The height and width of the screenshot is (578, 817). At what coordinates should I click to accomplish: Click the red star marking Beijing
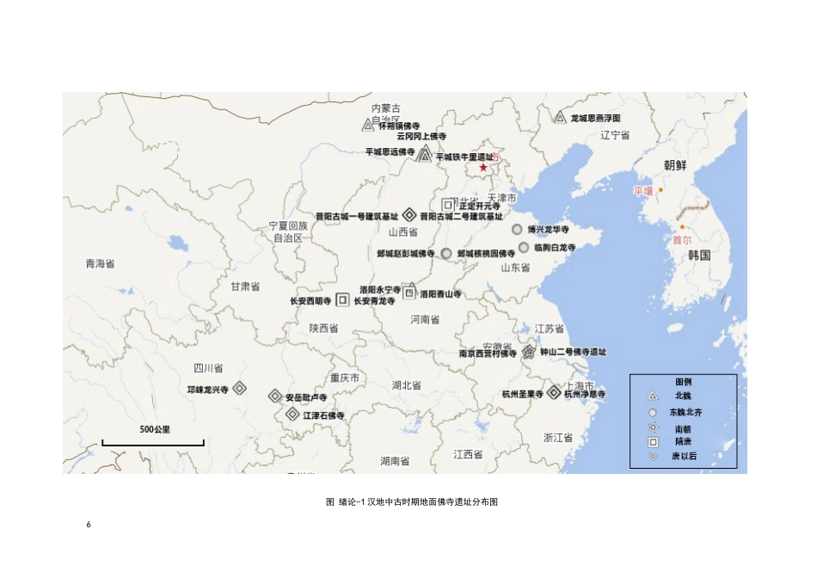coord(483,168)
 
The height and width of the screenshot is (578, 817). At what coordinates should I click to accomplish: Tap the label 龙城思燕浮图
coord(595,117)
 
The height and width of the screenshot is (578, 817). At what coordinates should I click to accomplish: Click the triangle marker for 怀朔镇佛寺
coord(367,126)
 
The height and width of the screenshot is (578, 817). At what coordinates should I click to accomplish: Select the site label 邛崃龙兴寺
coord(207,390)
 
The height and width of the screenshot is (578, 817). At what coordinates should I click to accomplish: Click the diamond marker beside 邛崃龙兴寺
coord(240,389)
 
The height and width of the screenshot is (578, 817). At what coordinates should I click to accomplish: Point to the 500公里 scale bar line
coord(153,443)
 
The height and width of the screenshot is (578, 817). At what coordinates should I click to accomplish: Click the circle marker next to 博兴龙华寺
coord(517,230)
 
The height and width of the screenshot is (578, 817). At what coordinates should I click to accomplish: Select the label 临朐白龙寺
coord(554,248)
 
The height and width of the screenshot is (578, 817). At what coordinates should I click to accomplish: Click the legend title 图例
coord(683,380)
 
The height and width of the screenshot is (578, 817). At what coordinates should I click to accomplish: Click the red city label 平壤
coord(643,190)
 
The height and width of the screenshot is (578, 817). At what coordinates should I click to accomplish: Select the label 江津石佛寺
coord(323,415)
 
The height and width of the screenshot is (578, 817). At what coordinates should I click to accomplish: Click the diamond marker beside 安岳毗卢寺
coord(275,397)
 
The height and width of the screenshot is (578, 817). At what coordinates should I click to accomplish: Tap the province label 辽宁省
coord(615,135)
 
